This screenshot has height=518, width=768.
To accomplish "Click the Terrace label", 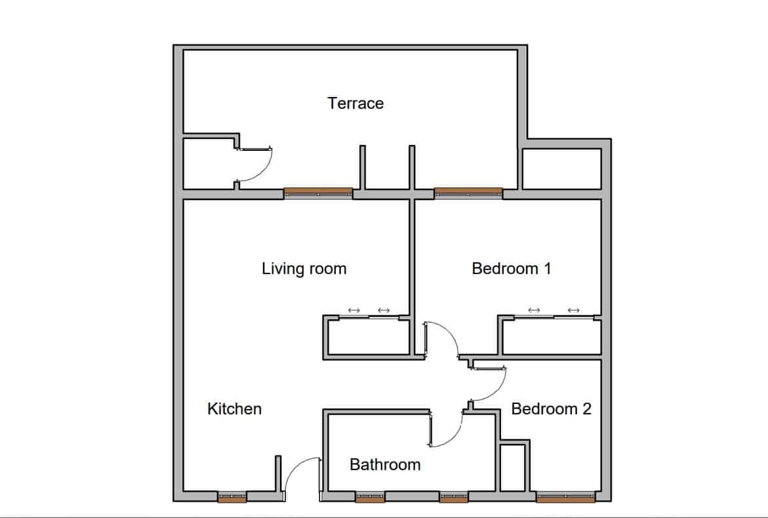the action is [355, 104].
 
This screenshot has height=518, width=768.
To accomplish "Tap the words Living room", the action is [304, 269].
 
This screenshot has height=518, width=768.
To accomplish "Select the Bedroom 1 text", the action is [512, 268].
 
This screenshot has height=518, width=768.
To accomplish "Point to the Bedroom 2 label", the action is [551, 408].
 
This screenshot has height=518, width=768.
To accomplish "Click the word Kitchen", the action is [234, 408].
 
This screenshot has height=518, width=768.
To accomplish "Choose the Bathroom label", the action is [385, 465].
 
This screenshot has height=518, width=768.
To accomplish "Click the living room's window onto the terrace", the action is [318, 193].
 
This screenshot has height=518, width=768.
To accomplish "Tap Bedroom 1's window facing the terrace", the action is [468, 193].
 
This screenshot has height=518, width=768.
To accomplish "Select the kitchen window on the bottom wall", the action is [232, 497].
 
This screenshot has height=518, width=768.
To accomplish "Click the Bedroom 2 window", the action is [566, 497].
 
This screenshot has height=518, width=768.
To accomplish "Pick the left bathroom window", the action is [371, 497].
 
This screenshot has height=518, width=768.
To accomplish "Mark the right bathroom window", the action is [454, 497].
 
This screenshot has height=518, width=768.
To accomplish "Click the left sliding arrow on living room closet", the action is [354, 310].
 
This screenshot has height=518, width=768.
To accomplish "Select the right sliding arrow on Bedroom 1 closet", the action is [574, 310].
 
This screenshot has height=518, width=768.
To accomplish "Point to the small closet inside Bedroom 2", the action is [512, 467].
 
